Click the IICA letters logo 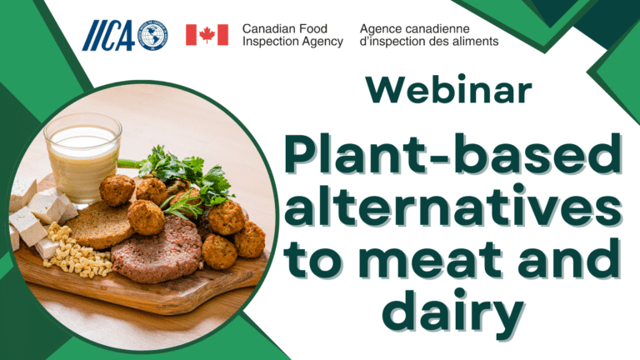tap(108, 36)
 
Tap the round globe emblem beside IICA tap(153, 36)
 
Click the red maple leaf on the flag tap(207, 35)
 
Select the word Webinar tap(449, 89)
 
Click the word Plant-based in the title tap(452, 154)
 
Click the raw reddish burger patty tap(157, 250)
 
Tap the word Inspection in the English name tap(267, 42)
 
